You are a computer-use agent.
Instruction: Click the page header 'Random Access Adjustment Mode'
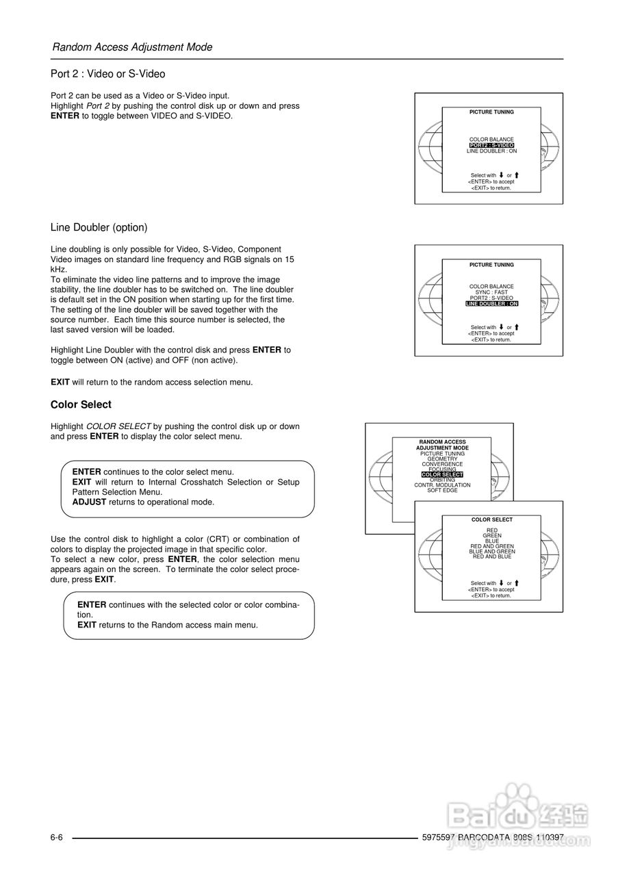(132, 47)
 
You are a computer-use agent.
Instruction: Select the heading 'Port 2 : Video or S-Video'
(107, 74)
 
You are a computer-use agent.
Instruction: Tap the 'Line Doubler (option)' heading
(99, 227)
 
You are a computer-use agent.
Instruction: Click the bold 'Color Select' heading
(81, 404)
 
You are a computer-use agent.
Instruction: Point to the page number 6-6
(56, 838)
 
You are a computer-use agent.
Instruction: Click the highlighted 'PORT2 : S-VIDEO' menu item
(491, 145)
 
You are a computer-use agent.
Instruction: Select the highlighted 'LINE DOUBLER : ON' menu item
(491, 303)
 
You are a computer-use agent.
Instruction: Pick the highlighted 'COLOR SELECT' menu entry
(442, 474)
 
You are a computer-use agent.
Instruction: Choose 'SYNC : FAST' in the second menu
(491, 292)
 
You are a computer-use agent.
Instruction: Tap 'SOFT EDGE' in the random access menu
(442, 490)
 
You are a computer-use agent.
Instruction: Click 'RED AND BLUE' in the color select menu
(491, 556)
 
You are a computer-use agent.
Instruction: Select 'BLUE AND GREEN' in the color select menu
(491, 551)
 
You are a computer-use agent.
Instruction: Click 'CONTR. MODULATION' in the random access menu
(442, 485)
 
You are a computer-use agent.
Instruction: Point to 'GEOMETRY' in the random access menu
(442, 459)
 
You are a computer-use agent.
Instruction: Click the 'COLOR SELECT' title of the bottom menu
(491, 519)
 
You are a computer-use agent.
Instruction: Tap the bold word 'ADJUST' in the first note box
(89, 502)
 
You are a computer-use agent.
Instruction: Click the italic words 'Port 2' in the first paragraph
(98, 106)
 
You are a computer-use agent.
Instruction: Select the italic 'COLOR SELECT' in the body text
(118, 426)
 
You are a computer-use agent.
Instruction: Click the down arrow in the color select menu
(502, 583)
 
